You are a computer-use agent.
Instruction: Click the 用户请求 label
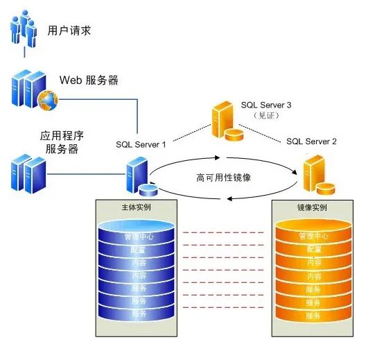(69, 31)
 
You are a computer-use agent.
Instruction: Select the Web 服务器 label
(89, 80)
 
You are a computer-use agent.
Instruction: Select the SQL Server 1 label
(141, 144)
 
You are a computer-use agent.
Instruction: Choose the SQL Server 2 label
(312, 141)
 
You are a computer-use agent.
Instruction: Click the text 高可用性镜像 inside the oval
(223, 178)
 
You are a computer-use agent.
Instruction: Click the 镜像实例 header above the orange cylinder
(313, 207)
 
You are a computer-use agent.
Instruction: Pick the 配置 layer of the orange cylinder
(313, 249)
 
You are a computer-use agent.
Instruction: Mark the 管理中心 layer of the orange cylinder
(313, 237)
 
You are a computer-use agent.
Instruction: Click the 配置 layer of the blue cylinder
(138, 250)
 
